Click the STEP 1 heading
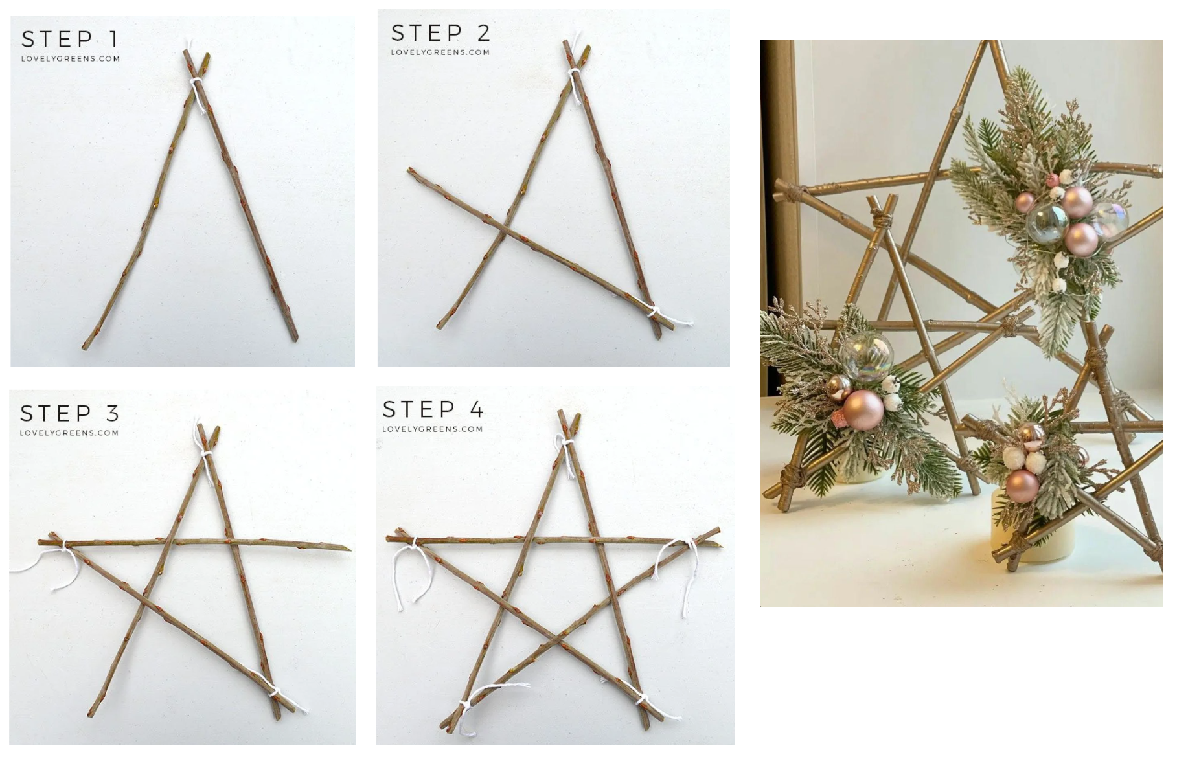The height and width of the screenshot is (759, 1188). coord(70,40)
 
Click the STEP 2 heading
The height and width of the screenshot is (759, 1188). coord(440,33)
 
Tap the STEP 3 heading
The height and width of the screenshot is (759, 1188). coord(69,413)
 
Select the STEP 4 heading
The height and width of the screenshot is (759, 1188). coord(433,409)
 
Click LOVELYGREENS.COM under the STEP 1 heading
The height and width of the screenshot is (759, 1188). coord(70,58)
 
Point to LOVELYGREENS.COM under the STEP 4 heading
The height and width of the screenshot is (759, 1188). coord(432,429)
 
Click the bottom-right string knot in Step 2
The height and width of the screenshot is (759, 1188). coord(654,313)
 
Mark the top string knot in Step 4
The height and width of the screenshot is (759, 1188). coord(568,443)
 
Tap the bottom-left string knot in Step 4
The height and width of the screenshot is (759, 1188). coord(464,706)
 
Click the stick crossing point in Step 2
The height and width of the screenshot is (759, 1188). coord(505,230)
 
